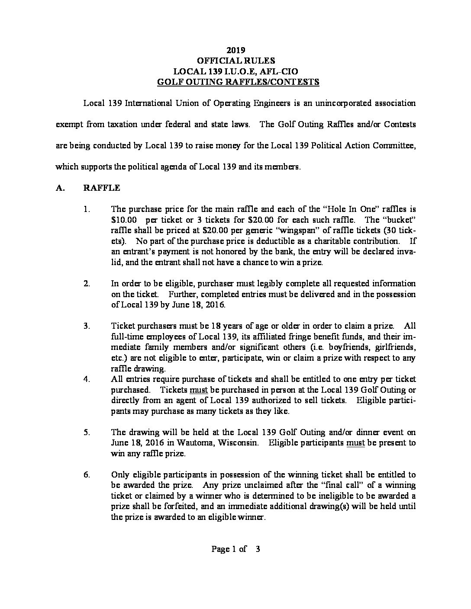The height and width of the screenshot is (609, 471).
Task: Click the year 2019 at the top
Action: [x=235, y=51]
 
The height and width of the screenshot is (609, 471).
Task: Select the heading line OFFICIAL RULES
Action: [x=235, y=61]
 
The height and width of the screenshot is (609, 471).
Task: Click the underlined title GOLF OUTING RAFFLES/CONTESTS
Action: [x=235, y=82]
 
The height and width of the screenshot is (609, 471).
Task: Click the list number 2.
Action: [x=87, y=284]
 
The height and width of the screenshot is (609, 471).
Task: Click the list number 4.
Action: [x=87, y=379]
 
